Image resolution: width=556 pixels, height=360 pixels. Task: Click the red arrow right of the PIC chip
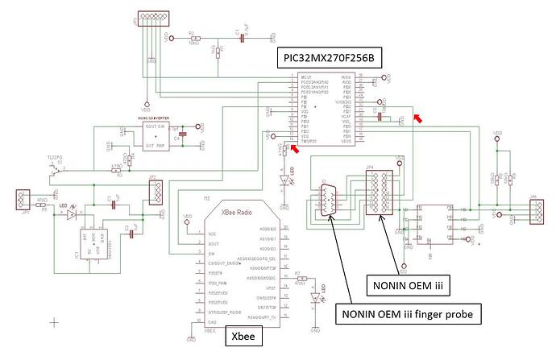(417, 118)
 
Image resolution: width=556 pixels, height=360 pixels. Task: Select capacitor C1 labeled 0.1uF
(239, 37)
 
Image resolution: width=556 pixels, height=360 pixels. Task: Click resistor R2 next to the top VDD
(192, 37)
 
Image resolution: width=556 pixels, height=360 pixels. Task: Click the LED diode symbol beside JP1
(73, 214)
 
